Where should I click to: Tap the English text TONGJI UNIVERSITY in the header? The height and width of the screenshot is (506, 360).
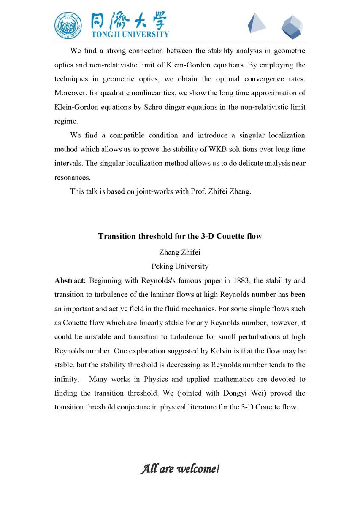pos(130,34)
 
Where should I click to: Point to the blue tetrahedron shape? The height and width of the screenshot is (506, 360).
pos(256,23)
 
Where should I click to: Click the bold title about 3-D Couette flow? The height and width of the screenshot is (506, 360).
pos(180,236)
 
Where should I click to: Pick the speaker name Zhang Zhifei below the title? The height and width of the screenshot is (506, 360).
pos(180,252)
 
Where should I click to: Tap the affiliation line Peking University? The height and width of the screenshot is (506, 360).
pos(180,266)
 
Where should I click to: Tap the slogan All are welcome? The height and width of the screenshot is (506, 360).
pos(180,468)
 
